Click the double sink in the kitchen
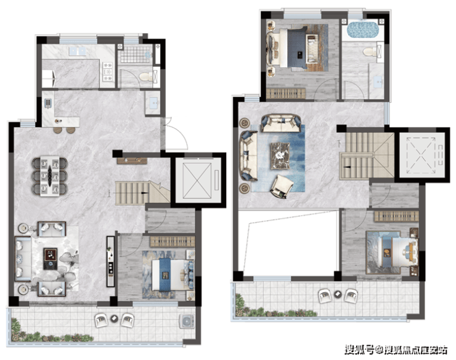78,51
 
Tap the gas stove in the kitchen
108,72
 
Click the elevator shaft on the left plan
198,181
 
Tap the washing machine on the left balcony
187,321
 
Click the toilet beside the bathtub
370,52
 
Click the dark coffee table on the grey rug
51,258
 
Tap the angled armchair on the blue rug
282,186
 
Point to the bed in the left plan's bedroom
171,274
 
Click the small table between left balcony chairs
114,319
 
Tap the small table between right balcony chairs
338,293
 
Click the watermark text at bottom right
396,350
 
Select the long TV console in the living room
110,261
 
